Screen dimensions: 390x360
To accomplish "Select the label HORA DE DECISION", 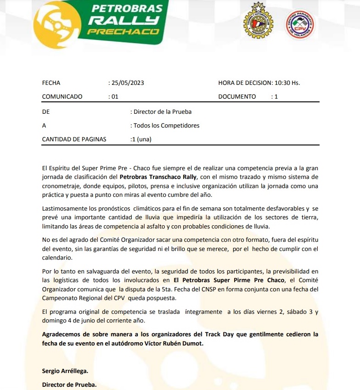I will (x=245, y=83).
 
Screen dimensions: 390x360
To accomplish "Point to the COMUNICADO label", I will (x=62, y=97).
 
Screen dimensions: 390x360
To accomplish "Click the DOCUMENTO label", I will (x=237, y=97).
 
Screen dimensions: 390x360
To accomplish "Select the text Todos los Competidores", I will (x=166, y=125).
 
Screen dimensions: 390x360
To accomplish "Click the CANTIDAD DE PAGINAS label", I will (x=74, y=139).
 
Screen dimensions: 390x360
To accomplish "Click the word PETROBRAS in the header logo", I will (x=128, y=8).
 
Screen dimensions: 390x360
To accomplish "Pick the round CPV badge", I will (x=300, y=25).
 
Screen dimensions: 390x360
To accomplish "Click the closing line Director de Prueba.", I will (x=69, y=384).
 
